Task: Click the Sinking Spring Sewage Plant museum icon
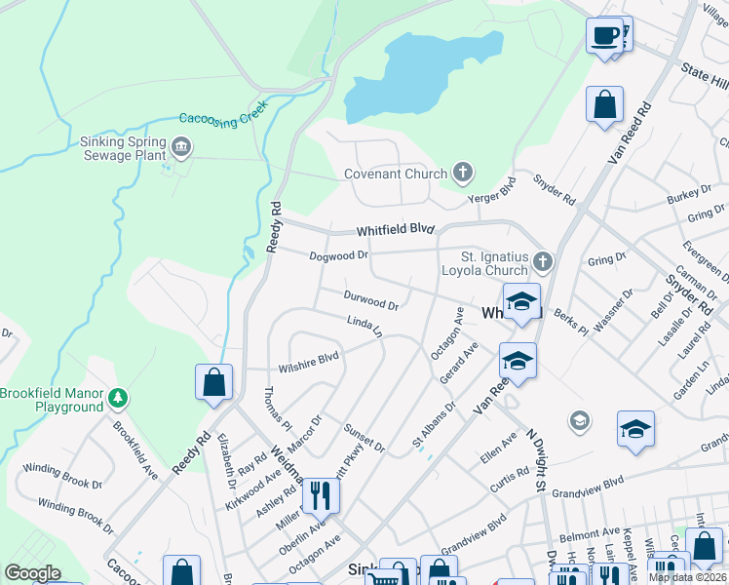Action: click(x=180, y=147)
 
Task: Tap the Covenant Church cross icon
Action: click(x=462, y=174)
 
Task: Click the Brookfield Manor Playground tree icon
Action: click(x=118, y=398)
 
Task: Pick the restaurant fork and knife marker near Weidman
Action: click(x=320, y=495)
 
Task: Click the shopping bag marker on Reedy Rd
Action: click(x=213, y=383)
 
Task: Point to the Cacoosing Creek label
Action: click(x=222, y=119)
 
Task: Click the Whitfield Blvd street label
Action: click(x=394, y=230)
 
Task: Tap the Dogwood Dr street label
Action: click(x=338, y=255)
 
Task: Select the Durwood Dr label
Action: click(x=370, y=299)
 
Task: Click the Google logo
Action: click(x=31, y=572)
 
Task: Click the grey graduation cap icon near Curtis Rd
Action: click(x=580, y=420)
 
